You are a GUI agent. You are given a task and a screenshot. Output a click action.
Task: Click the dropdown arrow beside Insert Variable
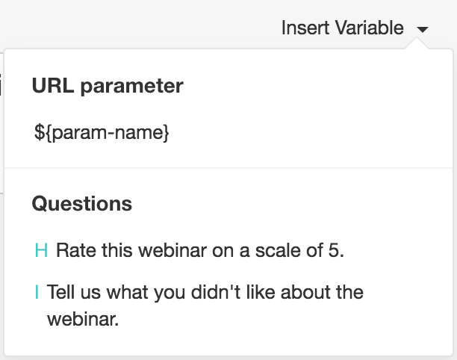click(423, 29)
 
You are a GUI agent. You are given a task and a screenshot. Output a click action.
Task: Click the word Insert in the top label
click(305, 28)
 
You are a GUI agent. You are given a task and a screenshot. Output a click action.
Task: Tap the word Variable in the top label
click(370, 28)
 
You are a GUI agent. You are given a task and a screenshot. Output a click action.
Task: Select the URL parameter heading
click(108, 86)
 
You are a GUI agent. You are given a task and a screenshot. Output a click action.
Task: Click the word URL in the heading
click(53, 85)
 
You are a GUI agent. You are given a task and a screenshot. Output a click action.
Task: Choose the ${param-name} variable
click(102, 133)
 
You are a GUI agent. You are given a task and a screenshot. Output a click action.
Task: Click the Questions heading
click(82, 203)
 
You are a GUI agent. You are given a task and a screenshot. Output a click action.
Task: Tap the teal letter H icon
click(41, 250)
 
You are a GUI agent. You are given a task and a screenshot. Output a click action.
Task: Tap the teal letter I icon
click(37, 292)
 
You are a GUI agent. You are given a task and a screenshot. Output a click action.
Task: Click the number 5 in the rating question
click(336, 250)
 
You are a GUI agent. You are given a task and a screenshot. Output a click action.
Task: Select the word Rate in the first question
click(75, 250)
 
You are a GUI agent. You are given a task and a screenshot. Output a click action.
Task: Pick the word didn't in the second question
click(216, 292)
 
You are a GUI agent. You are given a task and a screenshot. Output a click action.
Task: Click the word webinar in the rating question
click(172, 250)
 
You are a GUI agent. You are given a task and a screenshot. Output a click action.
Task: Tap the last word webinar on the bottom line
click(83, 319)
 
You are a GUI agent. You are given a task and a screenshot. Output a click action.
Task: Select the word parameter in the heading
click(131, 87)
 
